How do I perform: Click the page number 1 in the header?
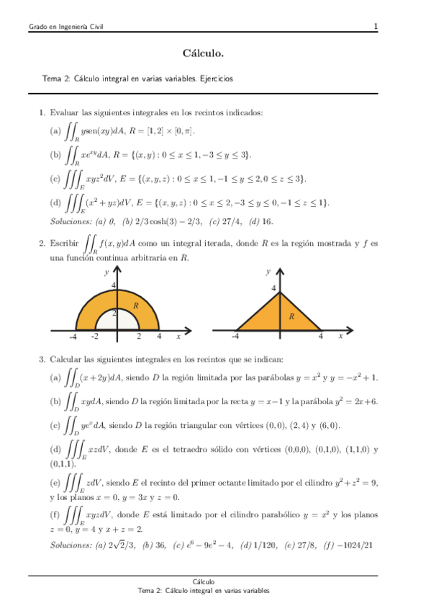[x=376, y=27]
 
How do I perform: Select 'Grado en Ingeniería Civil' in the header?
[x=65, y=27]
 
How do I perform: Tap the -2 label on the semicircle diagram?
[x=94, y=336]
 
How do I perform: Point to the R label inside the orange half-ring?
[x=135, y=306]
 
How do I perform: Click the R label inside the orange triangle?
[x=291, y=316]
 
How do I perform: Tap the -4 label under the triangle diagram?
[x=235, y=336]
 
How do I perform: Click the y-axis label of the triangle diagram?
[x=268, y=272]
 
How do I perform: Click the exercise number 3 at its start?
[x=42, y=359]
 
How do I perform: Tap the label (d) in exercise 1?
[x=55, y=204]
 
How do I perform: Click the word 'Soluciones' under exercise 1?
[x=71, y=221]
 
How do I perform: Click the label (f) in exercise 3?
[x=55, y=514]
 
